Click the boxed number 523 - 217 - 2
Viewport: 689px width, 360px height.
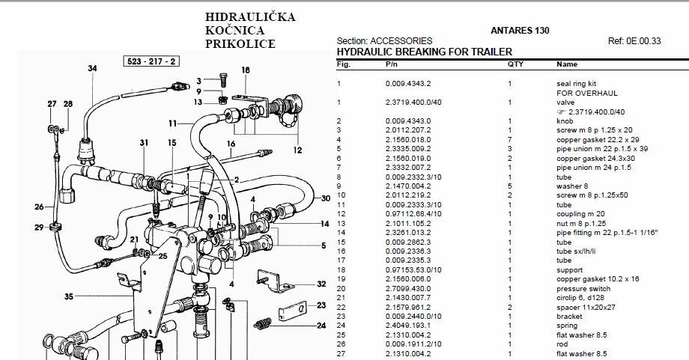151,61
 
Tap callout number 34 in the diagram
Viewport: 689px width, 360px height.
92,69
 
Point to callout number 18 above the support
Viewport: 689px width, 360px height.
246,70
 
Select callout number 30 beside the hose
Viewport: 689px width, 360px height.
326,198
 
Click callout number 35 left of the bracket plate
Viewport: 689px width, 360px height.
69,297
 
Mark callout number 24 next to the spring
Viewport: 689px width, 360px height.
321,326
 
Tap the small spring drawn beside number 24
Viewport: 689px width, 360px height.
263,324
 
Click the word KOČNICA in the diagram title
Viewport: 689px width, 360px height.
234,31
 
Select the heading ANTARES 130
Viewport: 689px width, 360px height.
520,31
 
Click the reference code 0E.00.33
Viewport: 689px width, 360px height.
644,41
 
